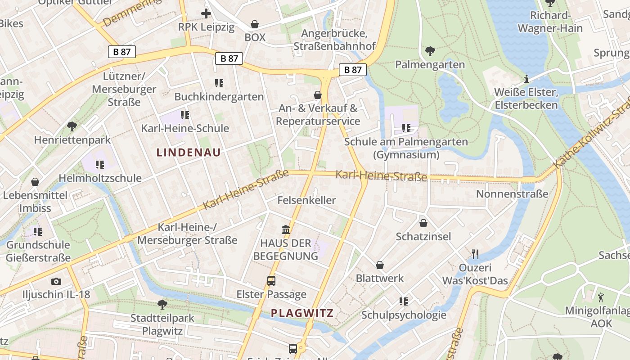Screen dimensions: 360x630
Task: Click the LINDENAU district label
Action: (x=189, y=153)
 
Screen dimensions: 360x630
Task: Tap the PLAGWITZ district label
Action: (x=302, y=313)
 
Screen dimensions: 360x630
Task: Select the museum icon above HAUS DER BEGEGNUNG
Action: (x=285, y=230)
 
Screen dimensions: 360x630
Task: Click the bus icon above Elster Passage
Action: (x=271, y=281)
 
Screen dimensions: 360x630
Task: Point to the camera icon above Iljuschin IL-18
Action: (x=56, y=282)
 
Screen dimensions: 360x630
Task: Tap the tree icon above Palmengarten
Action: (x=430, y=51)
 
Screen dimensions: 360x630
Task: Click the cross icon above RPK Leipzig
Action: (x=206, y=13)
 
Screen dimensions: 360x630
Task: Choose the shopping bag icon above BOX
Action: (x=255, y=24)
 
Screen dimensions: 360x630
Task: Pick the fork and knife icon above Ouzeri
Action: (x=475, y=254)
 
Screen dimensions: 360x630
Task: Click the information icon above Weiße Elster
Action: (x=526, y=79)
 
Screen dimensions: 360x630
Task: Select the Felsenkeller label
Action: (x=306, y=200)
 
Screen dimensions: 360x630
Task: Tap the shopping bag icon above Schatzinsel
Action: (x=423, y=223)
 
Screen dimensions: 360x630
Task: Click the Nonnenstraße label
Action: (x=512, y=194)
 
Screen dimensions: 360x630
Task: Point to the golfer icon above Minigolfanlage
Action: (x=601, y=297)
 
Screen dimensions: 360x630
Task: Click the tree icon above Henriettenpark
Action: (x=72, y=126)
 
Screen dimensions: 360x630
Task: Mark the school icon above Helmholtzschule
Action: (x=100, y=165)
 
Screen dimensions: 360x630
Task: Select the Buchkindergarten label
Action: (x=219, y=97)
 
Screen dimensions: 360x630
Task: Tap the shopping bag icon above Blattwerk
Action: (x=380, y=265)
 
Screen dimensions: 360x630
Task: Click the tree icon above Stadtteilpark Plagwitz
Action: (x=162, y=305)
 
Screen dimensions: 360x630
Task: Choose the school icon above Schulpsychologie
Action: (x=404, y=301)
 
